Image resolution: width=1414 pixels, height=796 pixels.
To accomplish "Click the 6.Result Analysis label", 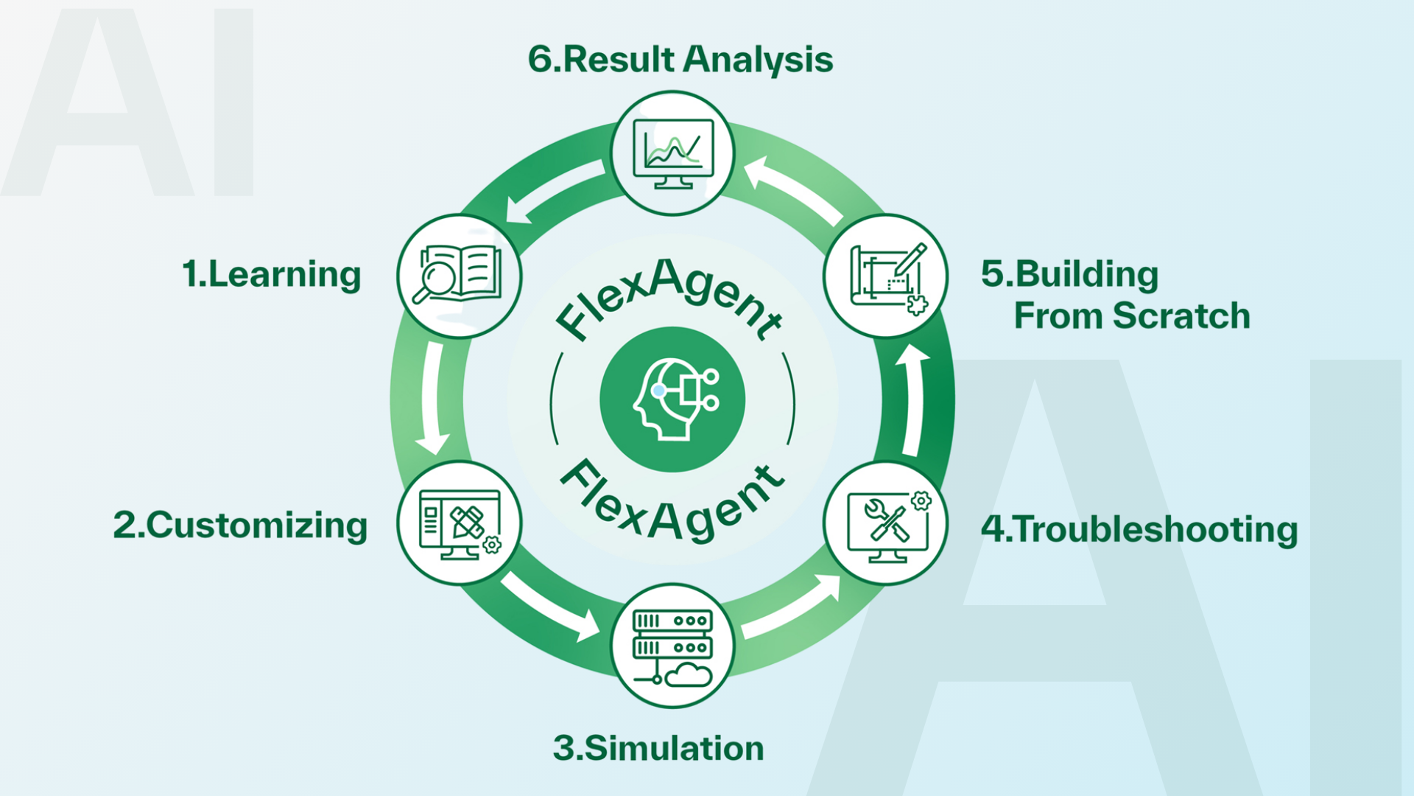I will tap(680, 59).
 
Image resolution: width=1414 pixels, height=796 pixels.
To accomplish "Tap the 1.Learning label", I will tap(271, 274).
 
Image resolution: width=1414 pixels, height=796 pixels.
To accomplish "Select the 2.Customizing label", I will tap(240, 526).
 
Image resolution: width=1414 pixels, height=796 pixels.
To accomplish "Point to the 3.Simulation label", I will tap(658, 748).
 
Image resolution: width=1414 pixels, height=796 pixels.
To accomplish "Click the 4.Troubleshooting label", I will tap(1139, 529).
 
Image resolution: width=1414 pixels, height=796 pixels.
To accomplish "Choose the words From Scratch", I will tap(1132, 315).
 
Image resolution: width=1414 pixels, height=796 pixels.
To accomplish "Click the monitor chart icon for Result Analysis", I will tap(673, 153).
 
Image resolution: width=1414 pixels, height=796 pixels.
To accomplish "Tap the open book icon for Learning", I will tap(460, 275).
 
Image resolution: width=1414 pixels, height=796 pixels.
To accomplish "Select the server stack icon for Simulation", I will tap(672, 634).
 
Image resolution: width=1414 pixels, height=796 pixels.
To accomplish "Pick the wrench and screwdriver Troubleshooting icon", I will tap(887, 525).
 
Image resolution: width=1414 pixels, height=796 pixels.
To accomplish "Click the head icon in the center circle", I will tap(672, 399).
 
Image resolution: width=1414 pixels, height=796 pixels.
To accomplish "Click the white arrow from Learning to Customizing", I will tap(432, 398).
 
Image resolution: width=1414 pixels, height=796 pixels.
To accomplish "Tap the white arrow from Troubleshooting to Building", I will tap(912, 398).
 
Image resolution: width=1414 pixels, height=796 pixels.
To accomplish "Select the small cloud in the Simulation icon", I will tap(689, 674).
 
